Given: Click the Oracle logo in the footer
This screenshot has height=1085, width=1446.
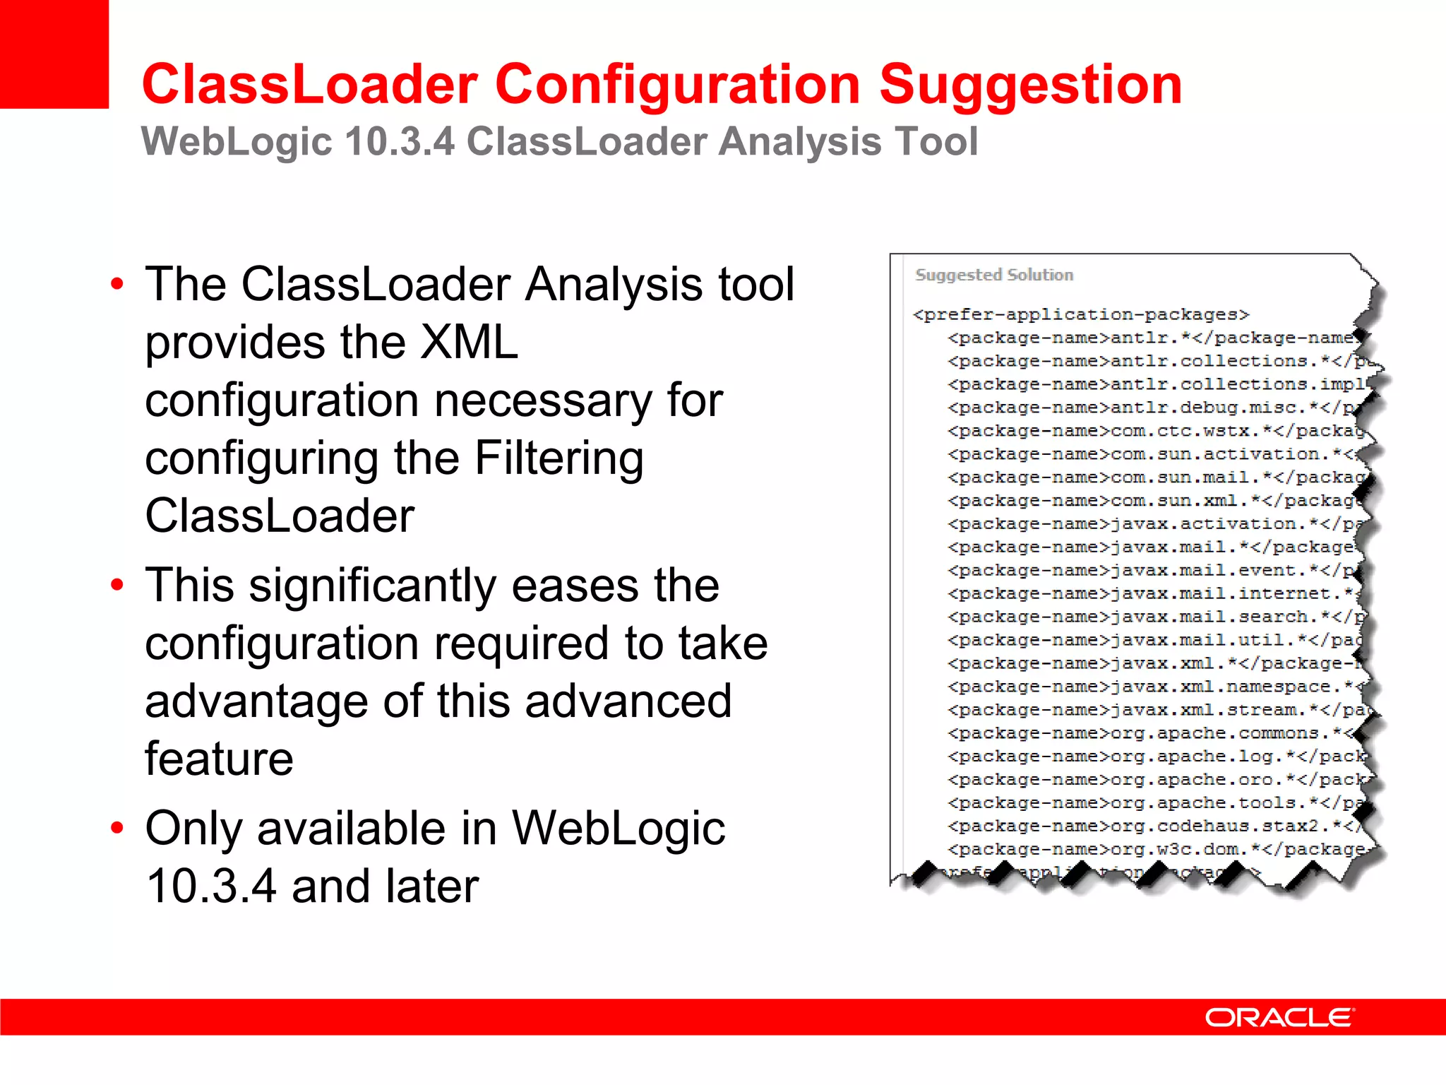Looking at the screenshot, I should click(x=1279, y=1017).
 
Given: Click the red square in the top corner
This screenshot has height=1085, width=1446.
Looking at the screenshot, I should click(x=54, y=54).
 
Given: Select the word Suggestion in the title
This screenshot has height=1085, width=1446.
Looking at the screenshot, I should click(x=1030, y=85).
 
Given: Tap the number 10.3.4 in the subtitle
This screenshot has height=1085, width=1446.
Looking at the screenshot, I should click(x=400, y=141).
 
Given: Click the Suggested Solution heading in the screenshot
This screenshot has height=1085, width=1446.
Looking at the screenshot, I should click(x=994, y=275).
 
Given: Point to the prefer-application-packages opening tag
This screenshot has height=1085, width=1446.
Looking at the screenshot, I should click(x=1081, y=314).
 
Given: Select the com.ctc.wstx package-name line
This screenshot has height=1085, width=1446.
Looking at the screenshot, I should click(x=1155, y=431).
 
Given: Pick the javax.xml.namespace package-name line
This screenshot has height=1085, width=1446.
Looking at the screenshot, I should click(x=1155, y=687).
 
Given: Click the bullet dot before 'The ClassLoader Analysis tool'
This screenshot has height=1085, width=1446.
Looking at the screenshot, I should click(x=117, y=285).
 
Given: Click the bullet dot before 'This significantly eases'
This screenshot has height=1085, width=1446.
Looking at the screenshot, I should click(x=117, y=586).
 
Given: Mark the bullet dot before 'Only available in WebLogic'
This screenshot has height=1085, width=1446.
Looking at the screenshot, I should click(x=117, y=828).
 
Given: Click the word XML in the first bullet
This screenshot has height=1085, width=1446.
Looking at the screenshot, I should click(x=469, y=343).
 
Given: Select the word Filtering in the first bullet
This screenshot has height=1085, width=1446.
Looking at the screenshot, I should click(x=558, y=458).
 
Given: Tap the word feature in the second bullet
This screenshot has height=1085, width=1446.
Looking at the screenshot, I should click(x=219, y=759).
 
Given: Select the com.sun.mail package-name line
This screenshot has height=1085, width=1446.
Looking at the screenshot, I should click(x=1155, y=478).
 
